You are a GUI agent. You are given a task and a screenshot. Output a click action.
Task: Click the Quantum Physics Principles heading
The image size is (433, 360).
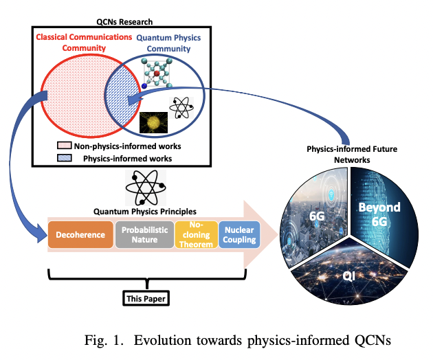coord(147,211)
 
